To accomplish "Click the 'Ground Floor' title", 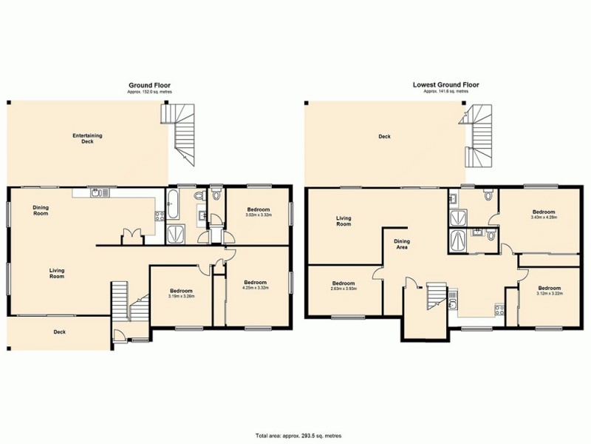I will click(149, 86).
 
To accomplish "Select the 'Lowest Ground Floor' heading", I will click(445, 85).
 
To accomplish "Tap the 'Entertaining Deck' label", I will click(87, 138).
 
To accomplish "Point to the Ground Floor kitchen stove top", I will click(158, 216).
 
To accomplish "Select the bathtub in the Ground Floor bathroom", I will click(172, 204).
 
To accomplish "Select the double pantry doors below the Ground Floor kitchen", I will click(133, 235).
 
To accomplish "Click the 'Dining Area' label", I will click(402, 245).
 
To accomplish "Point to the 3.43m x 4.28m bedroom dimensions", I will click(543, 217).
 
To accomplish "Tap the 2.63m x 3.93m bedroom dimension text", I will click(344, 289).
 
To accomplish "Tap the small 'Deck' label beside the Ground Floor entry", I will click(59, 332).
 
